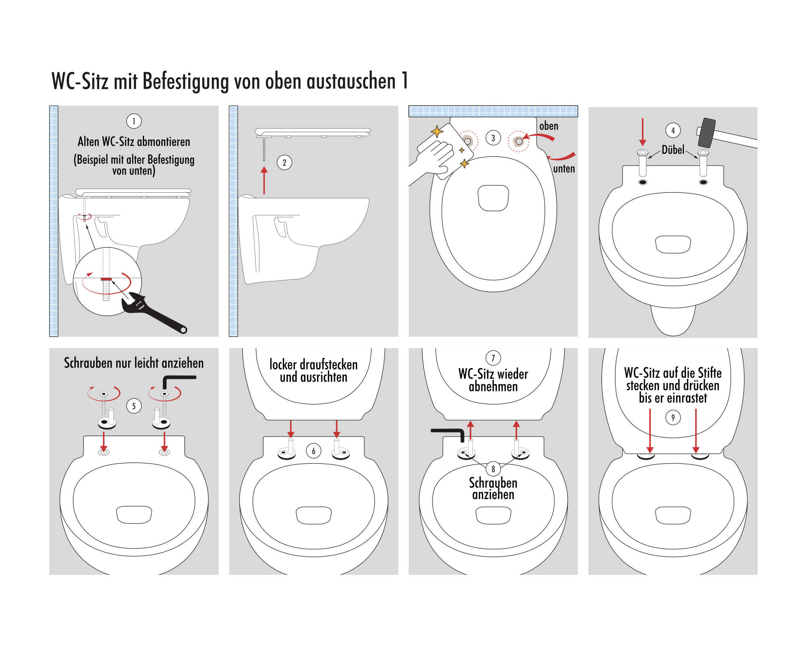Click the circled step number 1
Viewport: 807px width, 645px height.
click(x=134, y=121)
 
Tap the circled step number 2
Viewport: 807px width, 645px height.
click(x=284, y=162)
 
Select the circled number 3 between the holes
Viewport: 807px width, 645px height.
click(x=493, y=138)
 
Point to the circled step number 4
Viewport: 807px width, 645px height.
click(x=673, y=130)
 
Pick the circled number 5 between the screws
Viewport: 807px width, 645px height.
click(x=134, y=406)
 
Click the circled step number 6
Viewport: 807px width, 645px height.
click(x=314, y=451)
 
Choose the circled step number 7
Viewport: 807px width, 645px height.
click(x=493, y=358)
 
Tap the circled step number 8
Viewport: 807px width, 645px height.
click(x=493, y=469)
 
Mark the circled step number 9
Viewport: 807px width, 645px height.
click(x=673, y=418)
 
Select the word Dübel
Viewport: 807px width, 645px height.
click(x=673, y=150)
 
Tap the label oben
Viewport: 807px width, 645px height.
click(x=549, y=126)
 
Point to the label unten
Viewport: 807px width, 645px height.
click(x=564, y=169)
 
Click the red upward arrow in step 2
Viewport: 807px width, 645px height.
click(x=264, y=181)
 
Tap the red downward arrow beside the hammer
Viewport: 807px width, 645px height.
click(x=643, y=132)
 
